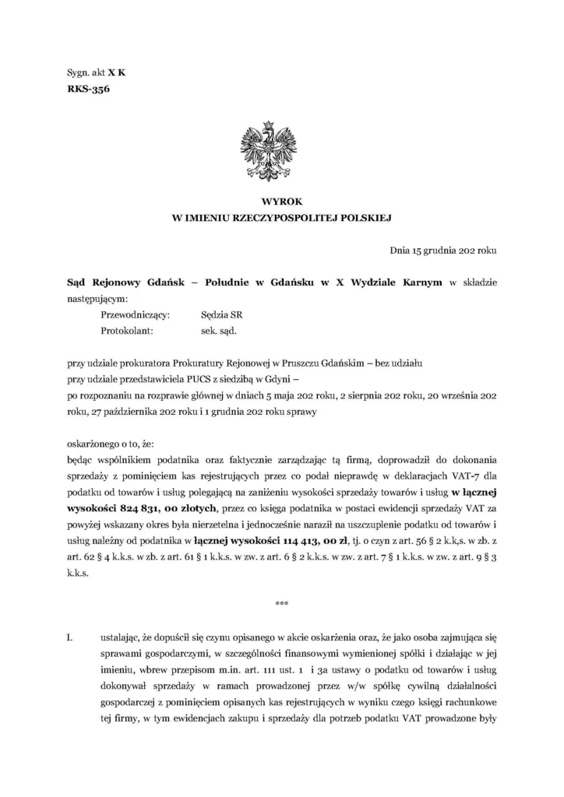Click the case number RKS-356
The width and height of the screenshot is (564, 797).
88,90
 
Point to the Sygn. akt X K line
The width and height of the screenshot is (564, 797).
96,72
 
